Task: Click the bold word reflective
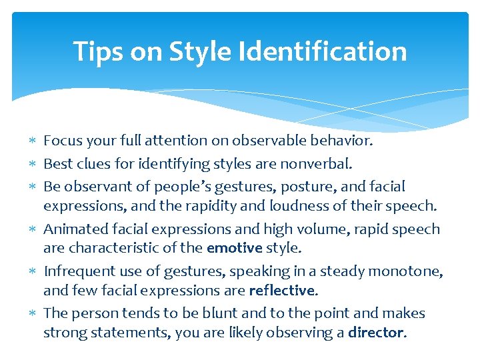click(x=281, y=290)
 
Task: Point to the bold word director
click(x=375, y=332)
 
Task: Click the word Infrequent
click(x=75, y=271)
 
